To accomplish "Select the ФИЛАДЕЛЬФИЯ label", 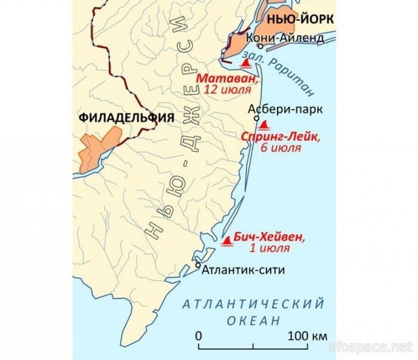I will coord(126,118).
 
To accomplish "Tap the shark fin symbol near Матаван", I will coord(244,62).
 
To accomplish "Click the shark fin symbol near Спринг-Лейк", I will coord(263,124).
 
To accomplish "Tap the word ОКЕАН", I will coord(253,321).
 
